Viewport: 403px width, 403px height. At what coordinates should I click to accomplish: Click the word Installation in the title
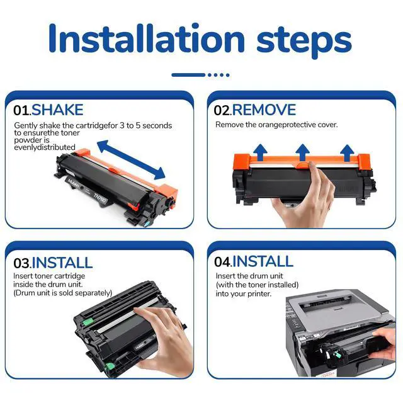point(146,38)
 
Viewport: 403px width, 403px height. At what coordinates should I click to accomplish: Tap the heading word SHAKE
point(57,110)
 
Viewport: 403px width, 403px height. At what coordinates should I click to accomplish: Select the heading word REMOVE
point(264,110)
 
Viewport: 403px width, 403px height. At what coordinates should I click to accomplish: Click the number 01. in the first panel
point(23,110)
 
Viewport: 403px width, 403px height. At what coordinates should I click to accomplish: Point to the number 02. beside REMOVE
point(223,110)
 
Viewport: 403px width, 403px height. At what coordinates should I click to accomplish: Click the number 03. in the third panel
point(23,263)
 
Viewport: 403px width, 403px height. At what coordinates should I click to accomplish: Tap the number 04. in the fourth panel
point(223,262)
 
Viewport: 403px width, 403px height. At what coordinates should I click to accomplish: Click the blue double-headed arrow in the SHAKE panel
point(131,159)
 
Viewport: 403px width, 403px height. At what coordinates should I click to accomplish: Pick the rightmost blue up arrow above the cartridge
point(347,152)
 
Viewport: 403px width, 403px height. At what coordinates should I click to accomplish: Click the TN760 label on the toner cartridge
point(99,198)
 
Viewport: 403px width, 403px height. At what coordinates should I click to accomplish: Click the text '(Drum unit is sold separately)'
point(63,293)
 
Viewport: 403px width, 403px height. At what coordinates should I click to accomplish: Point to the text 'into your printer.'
point(244,293)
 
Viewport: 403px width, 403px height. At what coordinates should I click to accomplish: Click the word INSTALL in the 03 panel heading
point(62,263)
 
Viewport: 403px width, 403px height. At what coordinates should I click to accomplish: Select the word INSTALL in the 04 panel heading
point(263,261)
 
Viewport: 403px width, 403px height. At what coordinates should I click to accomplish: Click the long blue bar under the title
point(188,75)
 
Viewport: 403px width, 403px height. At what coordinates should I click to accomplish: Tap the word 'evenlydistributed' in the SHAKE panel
point(45,147)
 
